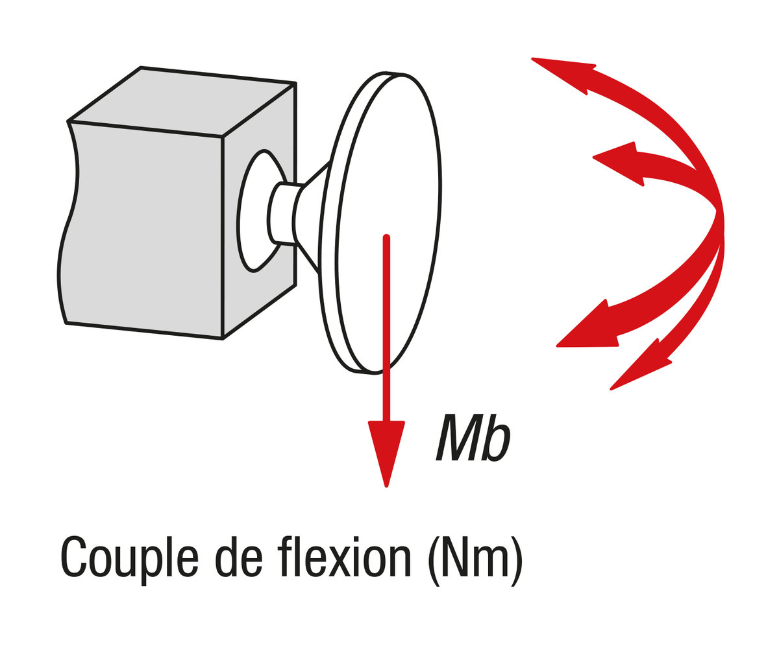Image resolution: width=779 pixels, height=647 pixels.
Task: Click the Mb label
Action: point(473,438)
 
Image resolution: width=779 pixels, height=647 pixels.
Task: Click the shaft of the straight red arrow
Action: point(386,328)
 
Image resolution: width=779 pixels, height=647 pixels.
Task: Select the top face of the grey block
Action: point(182,101)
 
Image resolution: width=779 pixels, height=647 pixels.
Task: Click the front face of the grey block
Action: point(143,229)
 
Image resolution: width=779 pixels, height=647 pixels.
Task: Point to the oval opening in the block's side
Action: point(261,211)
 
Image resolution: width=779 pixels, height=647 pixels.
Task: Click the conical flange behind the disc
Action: point(312,216)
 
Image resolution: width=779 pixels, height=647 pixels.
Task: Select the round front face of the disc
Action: point(389,223)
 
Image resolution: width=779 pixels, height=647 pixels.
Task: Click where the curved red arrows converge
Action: point(717,216)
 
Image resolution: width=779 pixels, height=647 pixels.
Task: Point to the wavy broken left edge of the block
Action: point(68,222)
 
